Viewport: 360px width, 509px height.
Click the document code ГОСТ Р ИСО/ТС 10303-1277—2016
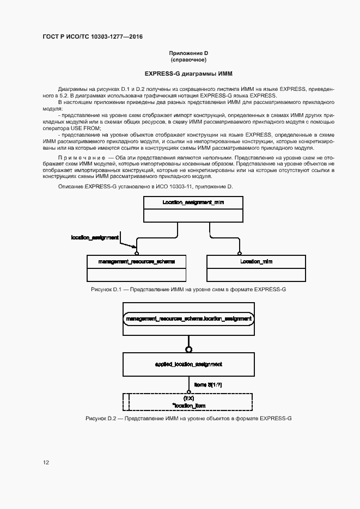[x=93, y=37]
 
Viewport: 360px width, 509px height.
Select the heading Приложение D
[x=188, y=53]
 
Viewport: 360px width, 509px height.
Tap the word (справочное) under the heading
[x=188, y=59]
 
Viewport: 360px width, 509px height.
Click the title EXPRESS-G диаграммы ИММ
[x=188, y=73]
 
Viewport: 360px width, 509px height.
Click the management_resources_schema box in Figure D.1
[x=137, y=261]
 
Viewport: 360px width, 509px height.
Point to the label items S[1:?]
[x=208, y=385]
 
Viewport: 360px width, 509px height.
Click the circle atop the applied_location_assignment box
[x=189, y=349]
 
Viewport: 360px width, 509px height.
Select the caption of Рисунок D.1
[x=188, y=289]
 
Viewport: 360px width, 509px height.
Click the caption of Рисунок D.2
[x=188, y=418]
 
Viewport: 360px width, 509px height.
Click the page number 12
[x=46, y=462]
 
